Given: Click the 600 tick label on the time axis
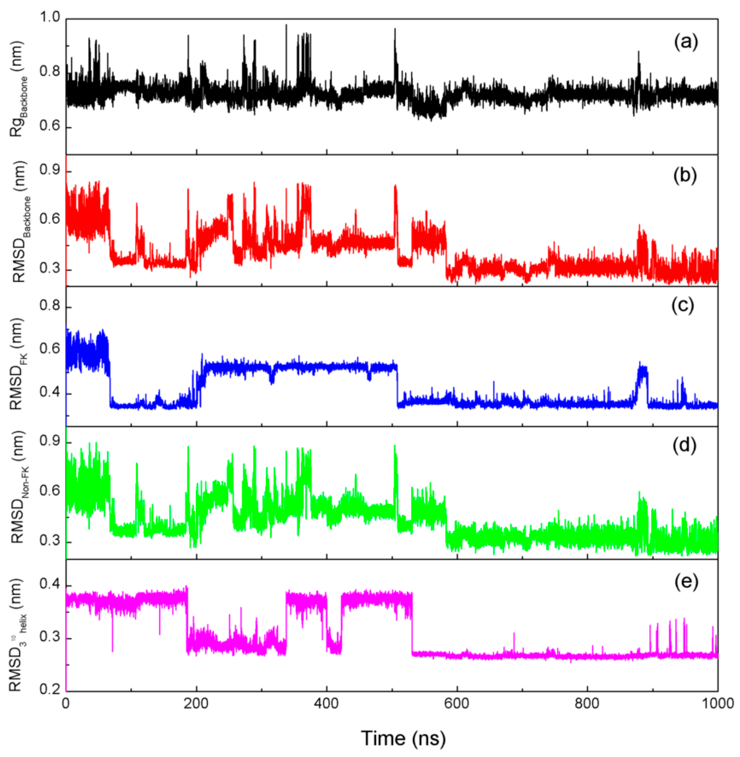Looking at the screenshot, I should (457, 704).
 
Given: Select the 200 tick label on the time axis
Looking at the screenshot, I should (196, 704).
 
